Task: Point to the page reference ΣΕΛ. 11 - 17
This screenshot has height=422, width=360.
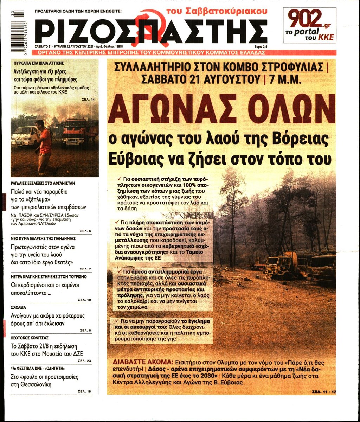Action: [x=323, y=391]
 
